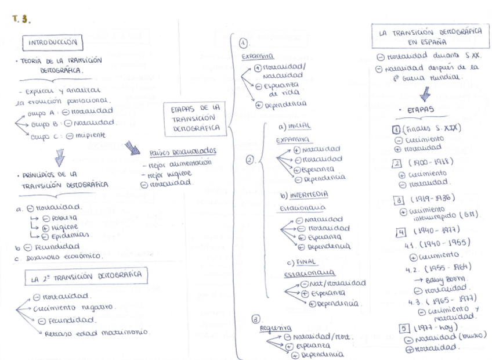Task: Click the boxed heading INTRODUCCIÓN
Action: [x=53, y=42]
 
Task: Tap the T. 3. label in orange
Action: [x=21, y=19]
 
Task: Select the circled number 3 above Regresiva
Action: [x=256, y=319]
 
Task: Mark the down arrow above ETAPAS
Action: [x=425, y=93]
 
